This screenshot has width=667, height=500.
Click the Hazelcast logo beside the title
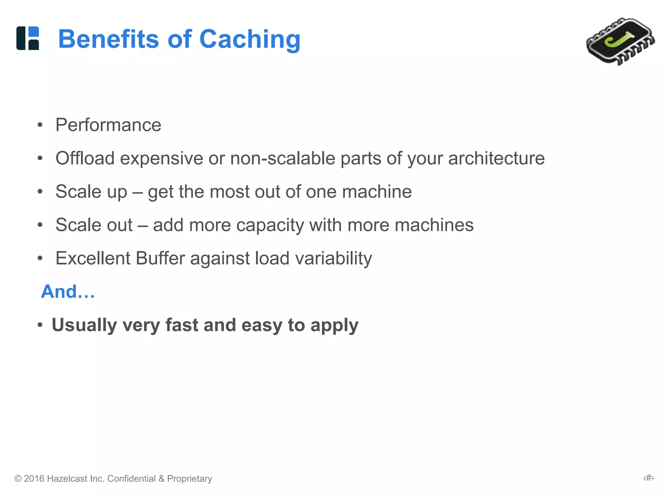(28, 38)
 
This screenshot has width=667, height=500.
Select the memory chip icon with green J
(620, 41)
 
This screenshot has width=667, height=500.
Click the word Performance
(108, 125)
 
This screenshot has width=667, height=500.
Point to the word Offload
(85, 159)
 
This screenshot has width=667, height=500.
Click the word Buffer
(160, 258)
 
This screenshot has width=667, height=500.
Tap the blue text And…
(68, 291)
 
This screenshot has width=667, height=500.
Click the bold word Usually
(84, 325)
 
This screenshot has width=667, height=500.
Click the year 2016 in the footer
(34, 479)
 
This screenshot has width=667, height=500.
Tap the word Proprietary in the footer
(190, 479)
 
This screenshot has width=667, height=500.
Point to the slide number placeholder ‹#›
(648, 478)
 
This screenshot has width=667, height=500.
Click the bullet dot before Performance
(40, 125)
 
